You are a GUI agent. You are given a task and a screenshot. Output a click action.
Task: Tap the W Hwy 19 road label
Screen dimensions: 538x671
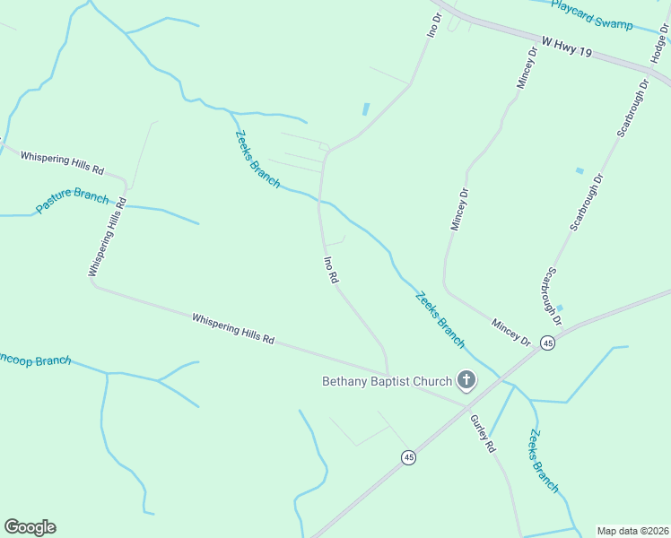coord(567,47)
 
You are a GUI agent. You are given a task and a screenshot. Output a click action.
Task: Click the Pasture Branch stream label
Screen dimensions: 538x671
coord(72,203)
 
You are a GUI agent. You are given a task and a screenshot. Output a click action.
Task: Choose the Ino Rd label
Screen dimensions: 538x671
coord(331,270)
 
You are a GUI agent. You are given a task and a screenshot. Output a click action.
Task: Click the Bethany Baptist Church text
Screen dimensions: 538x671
coord(388,382)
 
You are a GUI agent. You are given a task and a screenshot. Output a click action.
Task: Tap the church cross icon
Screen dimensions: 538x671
coord(466,381)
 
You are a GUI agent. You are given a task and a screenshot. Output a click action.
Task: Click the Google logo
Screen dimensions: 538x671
coord(30,527)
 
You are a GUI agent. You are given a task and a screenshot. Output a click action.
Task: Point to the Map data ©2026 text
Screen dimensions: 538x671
coord(632,531)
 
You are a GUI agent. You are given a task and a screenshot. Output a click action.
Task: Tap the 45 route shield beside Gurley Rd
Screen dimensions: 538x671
coord(409,457)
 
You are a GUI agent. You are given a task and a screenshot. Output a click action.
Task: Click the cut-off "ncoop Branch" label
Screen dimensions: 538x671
coord(36,360)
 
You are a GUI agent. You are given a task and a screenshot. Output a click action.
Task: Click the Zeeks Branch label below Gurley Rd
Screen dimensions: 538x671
coord(544,462)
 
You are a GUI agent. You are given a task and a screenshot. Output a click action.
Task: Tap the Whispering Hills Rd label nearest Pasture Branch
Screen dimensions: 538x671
coord(63,163)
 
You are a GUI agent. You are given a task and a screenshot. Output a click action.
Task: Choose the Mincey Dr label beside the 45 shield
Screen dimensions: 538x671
coord(511,333)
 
